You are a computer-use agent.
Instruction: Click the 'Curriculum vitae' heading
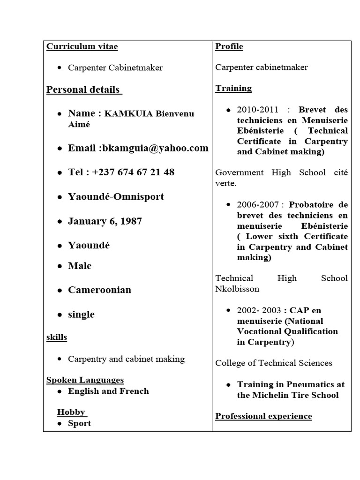[82, 46]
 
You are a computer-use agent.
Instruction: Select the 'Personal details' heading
[84, 90]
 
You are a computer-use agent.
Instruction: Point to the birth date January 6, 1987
[105, 221]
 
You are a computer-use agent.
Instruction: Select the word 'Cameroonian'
[99, 290]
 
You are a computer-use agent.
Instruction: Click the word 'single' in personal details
[81, 315]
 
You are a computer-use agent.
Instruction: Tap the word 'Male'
[80, 266]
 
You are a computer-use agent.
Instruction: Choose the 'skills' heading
[56, 337]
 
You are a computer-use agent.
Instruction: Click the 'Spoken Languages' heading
[85, 380]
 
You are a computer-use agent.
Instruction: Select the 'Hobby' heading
[72, 412]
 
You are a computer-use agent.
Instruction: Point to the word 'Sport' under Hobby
[79, 423]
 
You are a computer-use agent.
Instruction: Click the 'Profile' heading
[229, 46]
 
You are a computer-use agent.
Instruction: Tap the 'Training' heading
[233, 88]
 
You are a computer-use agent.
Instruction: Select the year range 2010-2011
[257, 110]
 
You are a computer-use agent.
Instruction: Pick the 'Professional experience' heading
[263, 416]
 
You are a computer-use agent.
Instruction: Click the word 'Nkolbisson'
[237, 289]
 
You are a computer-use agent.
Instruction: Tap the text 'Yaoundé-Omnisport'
[116, 196]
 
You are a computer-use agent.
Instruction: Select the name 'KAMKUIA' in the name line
[128, 114]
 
